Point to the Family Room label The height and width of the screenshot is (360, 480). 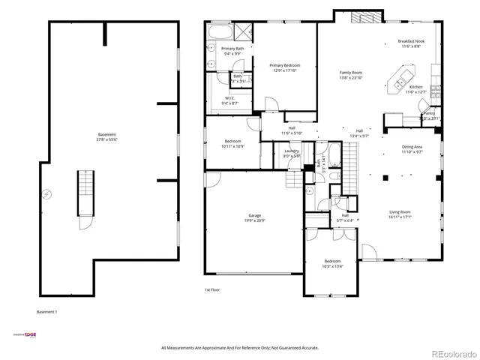352,73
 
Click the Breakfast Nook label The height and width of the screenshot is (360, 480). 410,42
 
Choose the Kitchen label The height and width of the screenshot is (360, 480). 415,86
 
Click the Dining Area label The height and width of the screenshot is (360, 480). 412,147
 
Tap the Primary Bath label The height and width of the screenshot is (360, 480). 232,49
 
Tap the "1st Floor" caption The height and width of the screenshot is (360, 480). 212,289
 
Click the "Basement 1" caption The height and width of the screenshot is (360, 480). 46,311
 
